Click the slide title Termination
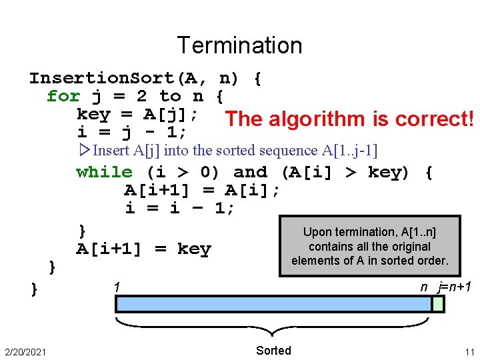coord(239,45)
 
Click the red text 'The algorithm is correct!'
coord(350,119)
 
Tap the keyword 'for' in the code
coord(63,97)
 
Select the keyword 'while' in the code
coord(105,173)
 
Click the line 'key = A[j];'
coord(137,114)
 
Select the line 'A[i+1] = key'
coord(143,249)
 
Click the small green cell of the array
coord(438,304)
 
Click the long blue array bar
coord(273,304)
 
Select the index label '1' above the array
coord(116,287)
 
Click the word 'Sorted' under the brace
coord(273,351)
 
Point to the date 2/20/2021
coord(25,351)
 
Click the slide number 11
coord(469,351)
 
